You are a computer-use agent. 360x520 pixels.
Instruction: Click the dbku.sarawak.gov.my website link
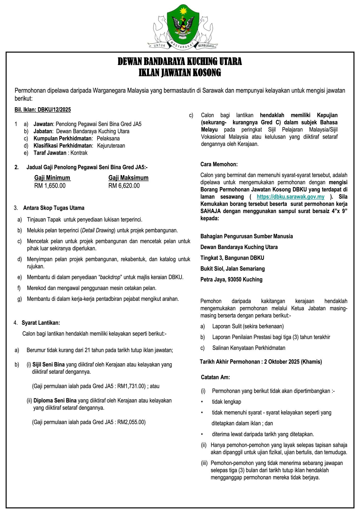pos(290,197)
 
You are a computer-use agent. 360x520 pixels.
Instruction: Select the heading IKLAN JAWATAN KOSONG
pos(180,73)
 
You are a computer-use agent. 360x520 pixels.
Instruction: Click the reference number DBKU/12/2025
pos(54,110)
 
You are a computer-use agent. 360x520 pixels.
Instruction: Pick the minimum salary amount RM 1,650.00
pos(50,186)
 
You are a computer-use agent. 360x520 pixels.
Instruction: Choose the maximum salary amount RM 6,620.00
pos(124,186)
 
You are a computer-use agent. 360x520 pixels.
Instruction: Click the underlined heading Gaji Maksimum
pos(128,178)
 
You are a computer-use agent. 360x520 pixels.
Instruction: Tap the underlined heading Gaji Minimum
pos(52,178)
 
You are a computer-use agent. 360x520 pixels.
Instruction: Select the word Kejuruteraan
pos(111,146)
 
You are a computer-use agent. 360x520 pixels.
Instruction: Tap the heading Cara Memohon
pos(219,164)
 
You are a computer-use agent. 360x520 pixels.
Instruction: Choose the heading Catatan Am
pos(215,377)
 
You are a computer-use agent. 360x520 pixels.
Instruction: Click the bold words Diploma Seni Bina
pos(55,401)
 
